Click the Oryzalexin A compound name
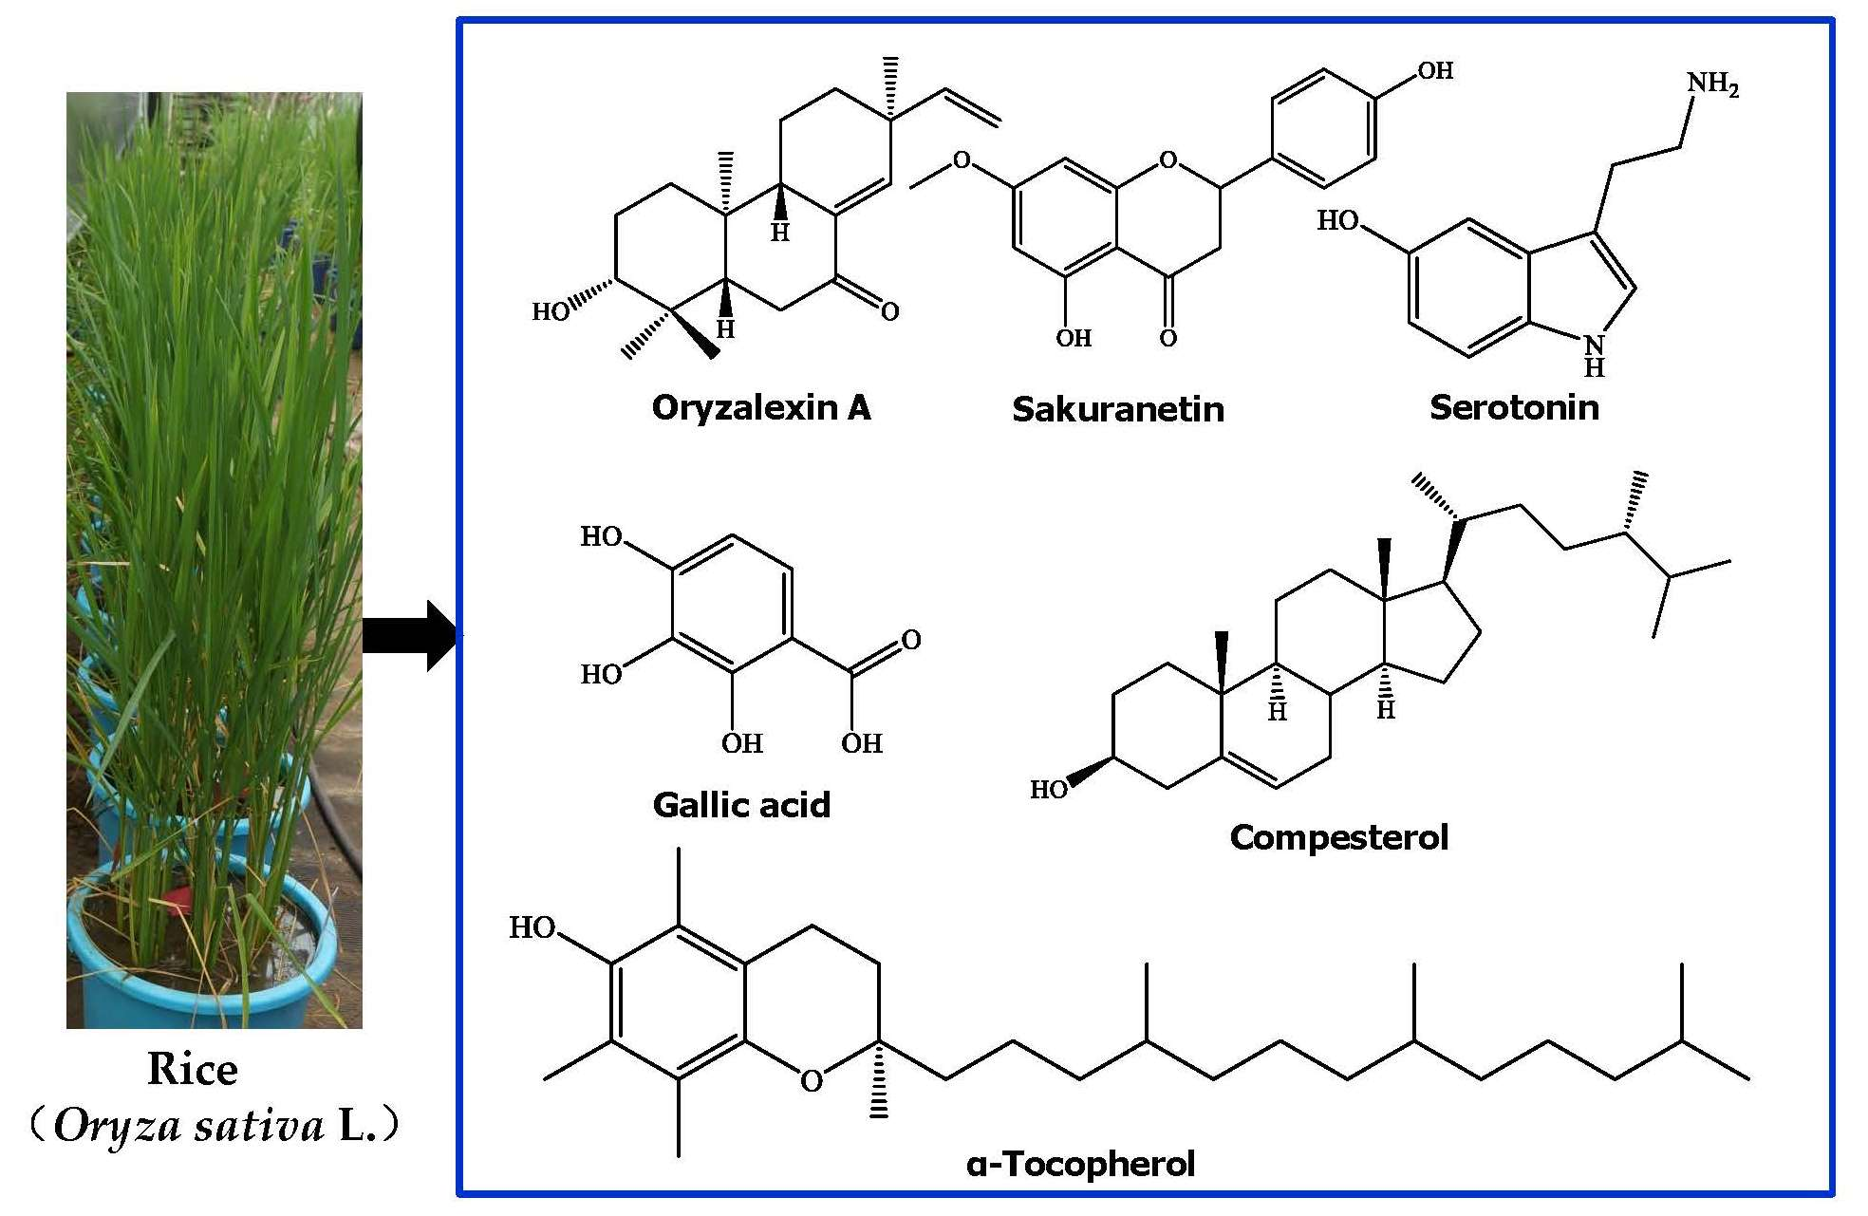pyautogui.click(x=760, y=408)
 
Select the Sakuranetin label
pyautogui.click(x=1117, y=410)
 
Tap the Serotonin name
pyautogui.click(x=1514, y=408)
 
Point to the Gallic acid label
pyautogui.click(x=741, y=806)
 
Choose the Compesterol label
pyautogui.click(x=1338, y=838)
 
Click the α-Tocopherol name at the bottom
pyautogui.click(x=1080, y=1165)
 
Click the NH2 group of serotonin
pyautogui.click(x=1711, y=84)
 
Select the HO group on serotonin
pyautogui.click(x=1337, y=221)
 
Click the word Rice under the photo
pyautogui.click(x=193, y=1070)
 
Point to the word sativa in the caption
pyautogui.click(x=259, y=1127)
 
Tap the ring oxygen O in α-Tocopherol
pyautogui.click(x=811, y=1081)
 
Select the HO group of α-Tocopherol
pyautogui.click(x=532, y=927)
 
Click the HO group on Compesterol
pyautogui.click(x=1048, y=790)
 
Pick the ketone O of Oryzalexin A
pyautogui.click(x=889, y=311)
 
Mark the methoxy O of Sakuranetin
pyautogui.click(x=962, y=160)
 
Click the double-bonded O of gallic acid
pyautogui.click(x=911, y=640)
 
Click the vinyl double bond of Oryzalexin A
pyautogui.click(x=972, y=106)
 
